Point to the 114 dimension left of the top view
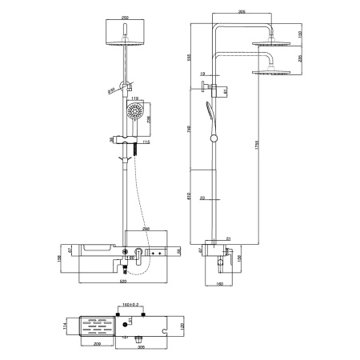pos(66,327)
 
